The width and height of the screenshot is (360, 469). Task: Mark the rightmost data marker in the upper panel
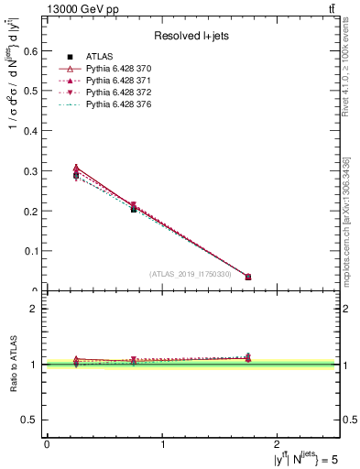click(x=247, y=277)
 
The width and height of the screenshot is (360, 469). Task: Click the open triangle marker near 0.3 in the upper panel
click(x=76, y=169)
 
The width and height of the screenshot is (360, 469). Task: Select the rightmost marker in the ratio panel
click(x=247, y=357)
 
